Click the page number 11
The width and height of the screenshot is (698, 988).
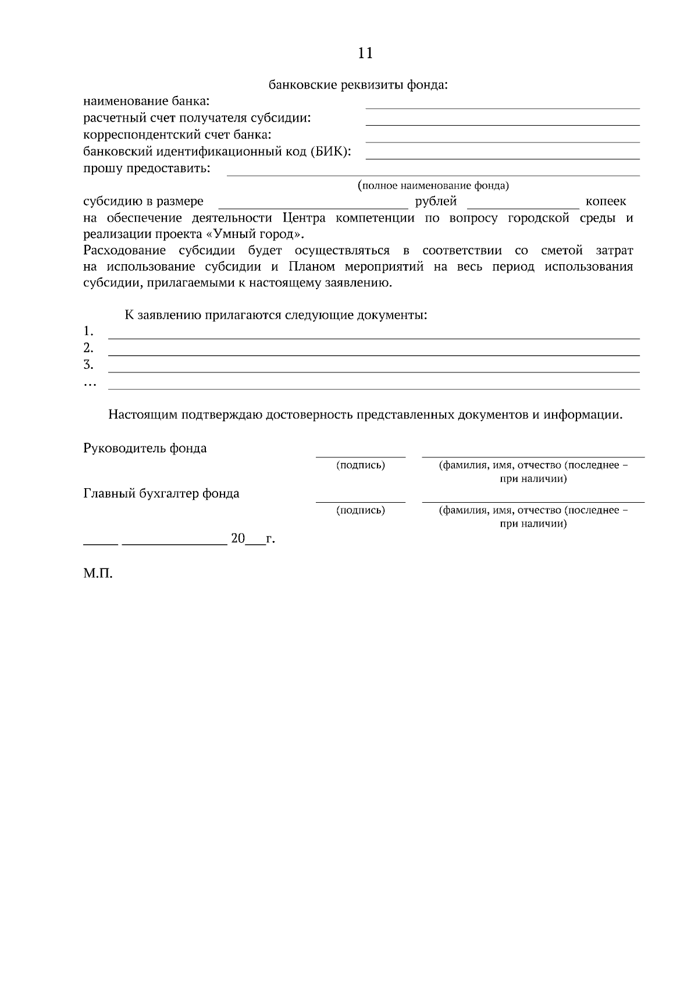pyautogui.click(x=365, y=54)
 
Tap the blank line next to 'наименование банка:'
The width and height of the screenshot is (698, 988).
pyautogui.click(x=502, y=106)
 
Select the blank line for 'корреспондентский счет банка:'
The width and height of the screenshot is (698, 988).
pyautogui.click(x=502, y=140)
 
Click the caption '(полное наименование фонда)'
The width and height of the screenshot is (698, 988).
pyautogui.click(x=433, y=186)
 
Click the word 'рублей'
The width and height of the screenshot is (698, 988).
pyautogui.click(x=436, y=201)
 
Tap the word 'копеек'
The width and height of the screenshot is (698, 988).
pyautogui.click(x=606, y=201)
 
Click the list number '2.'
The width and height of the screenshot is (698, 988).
pyautogui.click(x=88, y=348)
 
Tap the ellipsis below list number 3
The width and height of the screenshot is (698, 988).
pyautogui.click(x=90, y=384)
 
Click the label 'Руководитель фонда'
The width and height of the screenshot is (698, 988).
pyautogui.click(x=145, y=449)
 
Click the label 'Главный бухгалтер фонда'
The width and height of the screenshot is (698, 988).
pyautogui.click(x=161, y=494)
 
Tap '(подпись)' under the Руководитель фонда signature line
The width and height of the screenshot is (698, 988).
pyautogui.click(x=361, y=465)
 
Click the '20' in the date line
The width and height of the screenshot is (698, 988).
pyautogui.click(x=238, y=539)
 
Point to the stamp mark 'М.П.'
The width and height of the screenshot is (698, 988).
pyautogui.click(x=98, y=574)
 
